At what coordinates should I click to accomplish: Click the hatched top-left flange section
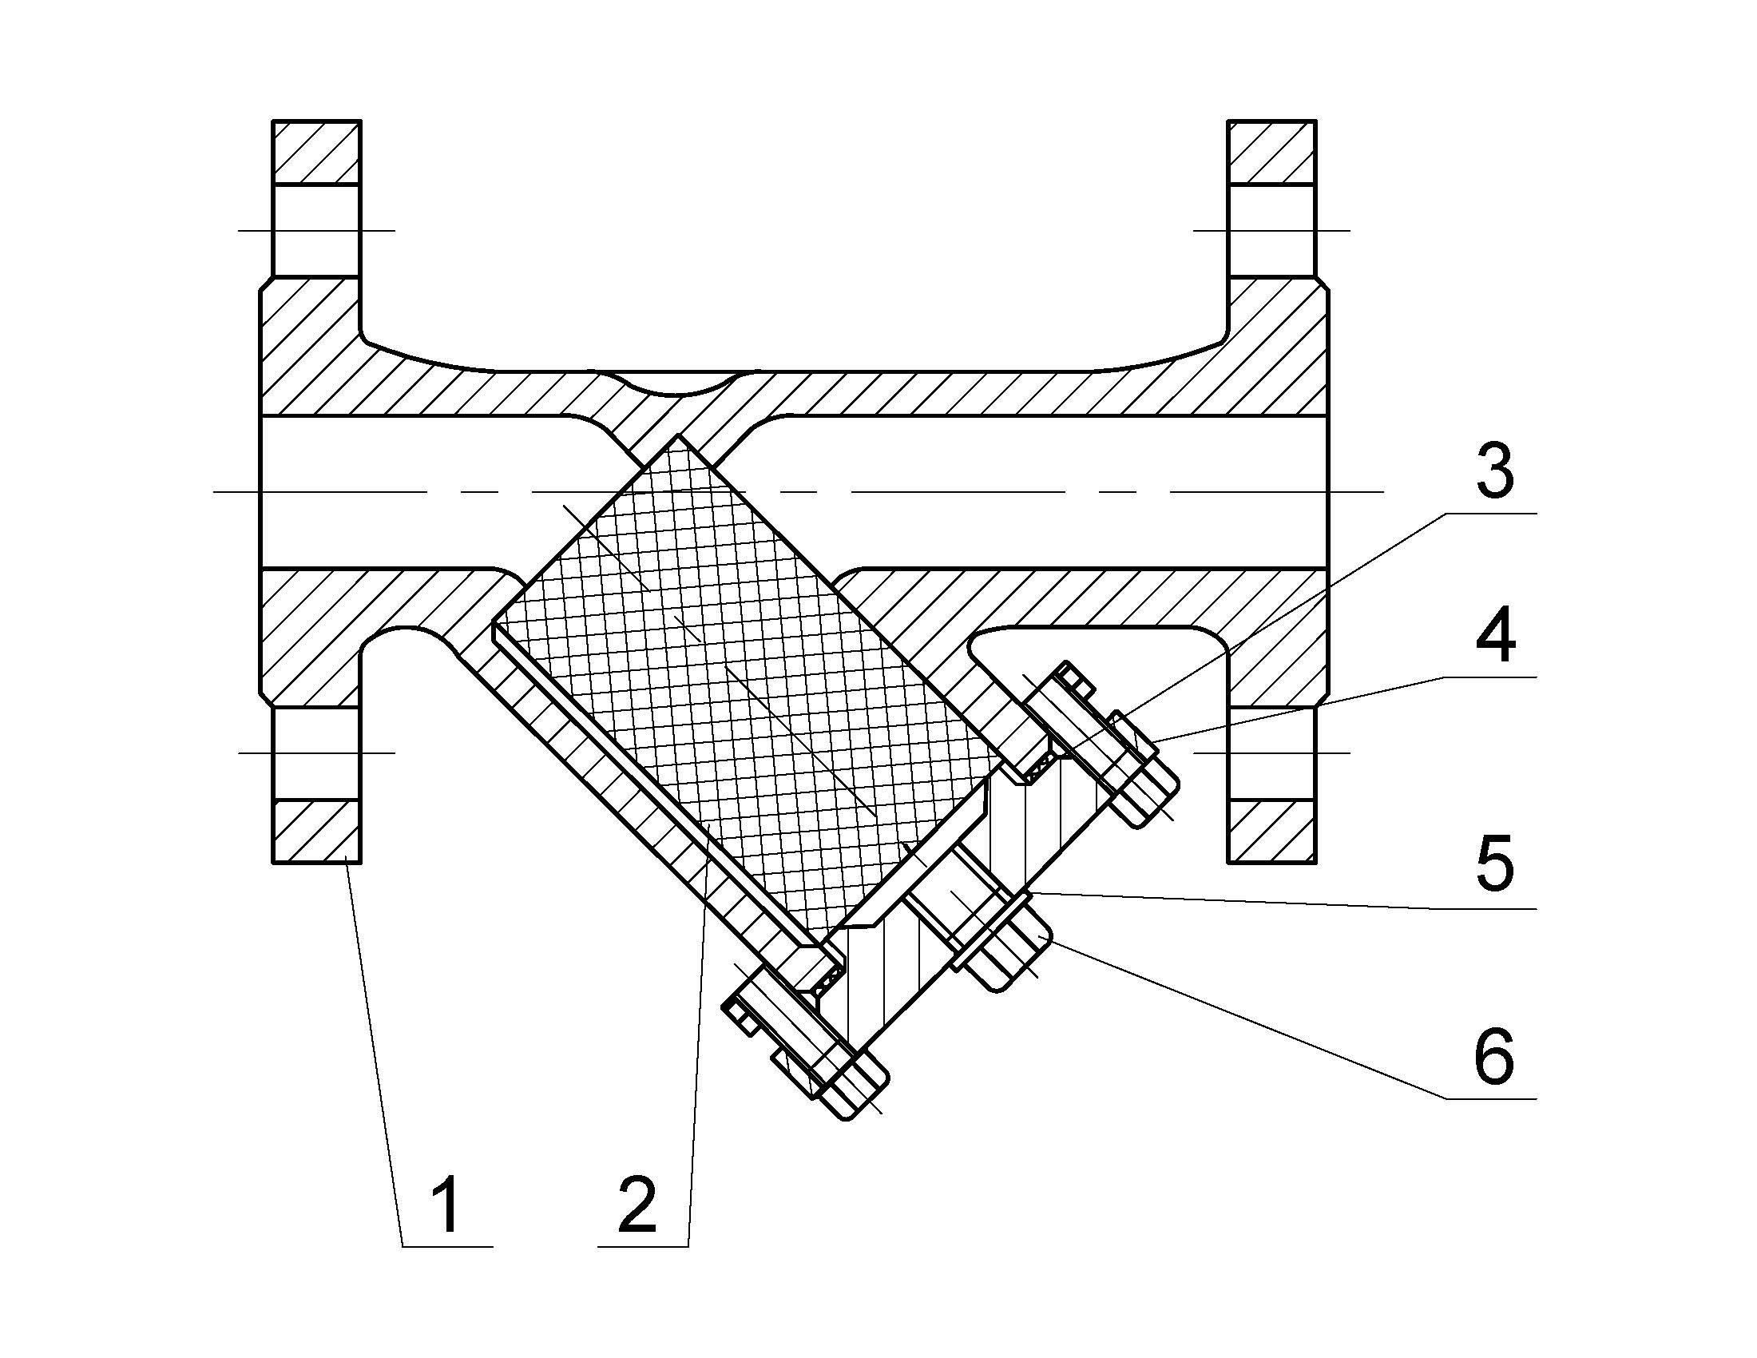point(317,152)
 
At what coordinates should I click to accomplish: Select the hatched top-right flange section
point(1272,152)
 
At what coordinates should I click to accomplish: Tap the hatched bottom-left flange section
point(317,832)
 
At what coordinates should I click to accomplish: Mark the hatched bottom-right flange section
point(1272,832)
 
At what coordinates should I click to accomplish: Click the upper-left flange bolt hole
point(317,231)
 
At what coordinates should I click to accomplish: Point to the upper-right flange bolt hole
point(1272,231)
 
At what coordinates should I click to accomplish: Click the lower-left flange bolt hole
point(317,753)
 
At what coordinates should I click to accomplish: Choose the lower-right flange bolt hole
point(1272,753)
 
